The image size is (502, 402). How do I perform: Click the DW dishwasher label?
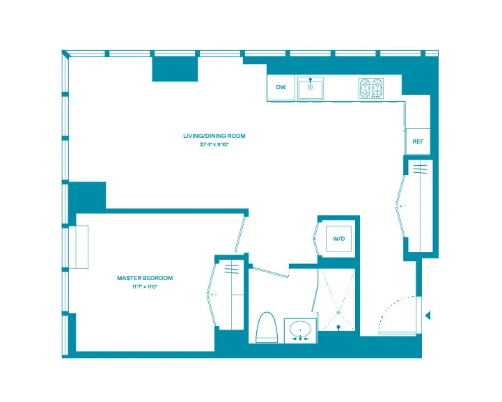pyautogui.click(x=281, y=87)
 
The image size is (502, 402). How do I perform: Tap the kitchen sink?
pyautogui.click(x=309, y=88)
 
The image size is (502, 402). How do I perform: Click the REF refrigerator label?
pyautogui.click(x=418, y=141)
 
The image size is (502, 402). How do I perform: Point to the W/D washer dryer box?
pyautogui.click(x=339, y=239)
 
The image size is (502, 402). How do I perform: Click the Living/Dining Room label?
pyautogui.click(x=214, y=136)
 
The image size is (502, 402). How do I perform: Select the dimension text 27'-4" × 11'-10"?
pyautogui.click(x=214, y=145)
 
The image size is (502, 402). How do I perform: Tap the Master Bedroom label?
pyautogui.click(x=145, y=278)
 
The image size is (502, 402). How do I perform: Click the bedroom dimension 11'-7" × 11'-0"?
pyautogui.click(x=145, y=286)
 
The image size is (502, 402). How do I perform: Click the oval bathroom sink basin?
pyautogui.click(x=301, y=328)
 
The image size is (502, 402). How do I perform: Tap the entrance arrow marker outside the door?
pyautogui.click(x=428, y=315)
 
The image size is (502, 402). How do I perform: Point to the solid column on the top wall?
pyautogui.click(x=175, y=68)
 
